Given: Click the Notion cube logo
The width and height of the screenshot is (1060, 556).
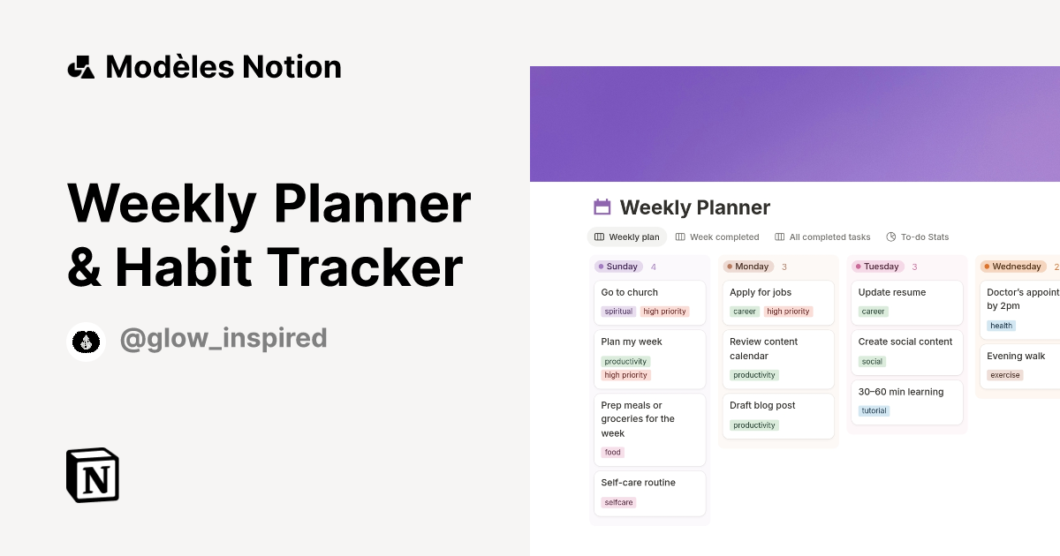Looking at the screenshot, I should pos(93,475).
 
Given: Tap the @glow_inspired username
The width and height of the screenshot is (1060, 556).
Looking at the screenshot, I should pos(223,338).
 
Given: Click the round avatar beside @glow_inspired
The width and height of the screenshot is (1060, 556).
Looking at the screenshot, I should pos(86,341).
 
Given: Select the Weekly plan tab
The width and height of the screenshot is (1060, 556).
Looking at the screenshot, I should pos(627,237).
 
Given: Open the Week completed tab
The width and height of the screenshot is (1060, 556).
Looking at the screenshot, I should pos(717,237).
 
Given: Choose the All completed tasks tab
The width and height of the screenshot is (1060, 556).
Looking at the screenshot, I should pos(822,237).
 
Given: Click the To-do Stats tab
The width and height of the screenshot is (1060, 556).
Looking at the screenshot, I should pos(918,237).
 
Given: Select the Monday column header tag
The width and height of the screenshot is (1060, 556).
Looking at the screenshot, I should pos(747,267).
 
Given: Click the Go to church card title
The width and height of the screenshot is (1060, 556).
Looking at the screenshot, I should pos(629,292).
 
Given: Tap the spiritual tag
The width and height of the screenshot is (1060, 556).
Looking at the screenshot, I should pos(618,312).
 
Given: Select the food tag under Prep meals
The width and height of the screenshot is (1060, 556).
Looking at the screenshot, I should pos(613,453).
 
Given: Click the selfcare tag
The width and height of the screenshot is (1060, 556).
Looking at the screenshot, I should pos(618,502).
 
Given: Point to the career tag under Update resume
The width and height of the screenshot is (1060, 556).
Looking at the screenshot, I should pos(873,312).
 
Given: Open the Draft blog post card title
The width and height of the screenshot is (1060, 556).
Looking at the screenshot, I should pos(762,405).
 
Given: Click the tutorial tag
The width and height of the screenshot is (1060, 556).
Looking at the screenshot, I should pos(874,410).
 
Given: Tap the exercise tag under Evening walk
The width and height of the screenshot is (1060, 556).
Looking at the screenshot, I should pos(1005,375).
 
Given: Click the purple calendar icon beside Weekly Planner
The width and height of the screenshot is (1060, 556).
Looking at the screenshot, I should pos(602,207).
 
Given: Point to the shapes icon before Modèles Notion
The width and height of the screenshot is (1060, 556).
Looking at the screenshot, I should pos(80,67).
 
